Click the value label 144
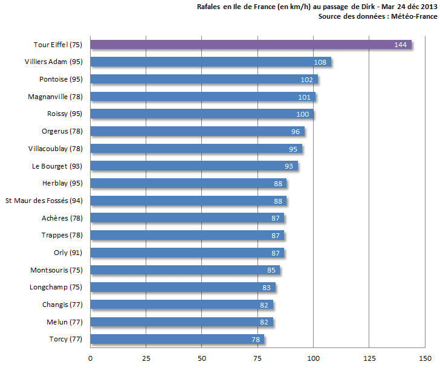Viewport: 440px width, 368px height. point(400,45)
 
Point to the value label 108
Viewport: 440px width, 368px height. point(320,62)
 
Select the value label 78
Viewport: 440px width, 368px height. point(256,340)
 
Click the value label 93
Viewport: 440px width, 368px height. point(290,166)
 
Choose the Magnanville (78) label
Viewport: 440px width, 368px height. point(55,97)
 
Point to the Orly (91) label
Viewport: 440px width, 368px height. point(68,253)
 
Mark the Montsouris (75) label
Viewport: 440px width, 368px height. point(56,270)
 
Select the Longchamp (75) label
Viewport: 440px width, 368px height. point(56,288)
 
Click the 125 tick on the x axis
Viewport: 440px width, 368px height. point(369,358)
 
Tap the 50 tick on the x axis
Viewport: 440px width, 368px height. point(202,358)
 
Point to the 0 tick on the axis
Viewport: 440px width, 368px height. point(91,358)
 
